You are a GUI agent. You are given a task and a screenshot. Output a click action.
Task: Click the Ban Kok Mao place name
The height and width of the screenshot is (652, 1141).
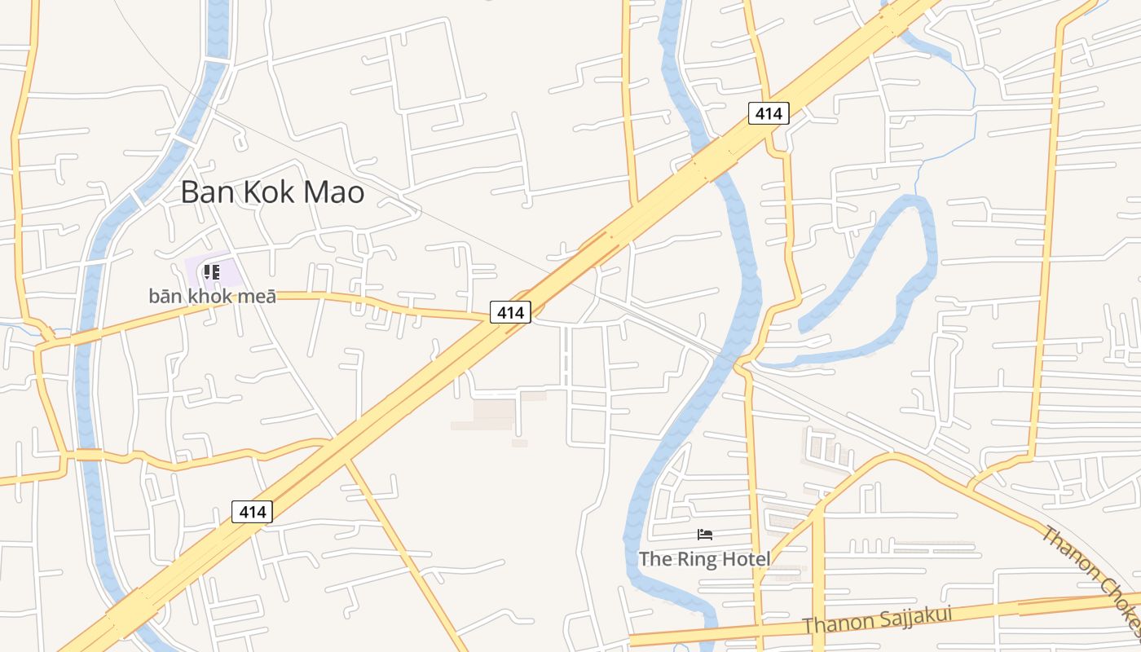point(272,192)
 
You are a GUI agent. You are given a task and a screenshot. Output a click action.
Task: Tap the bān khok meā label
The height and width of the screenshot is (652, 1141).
point(212,296)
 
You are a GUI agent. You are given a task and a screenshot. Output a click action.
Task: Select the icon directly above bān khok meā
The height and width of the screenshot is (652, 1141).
point(212,271)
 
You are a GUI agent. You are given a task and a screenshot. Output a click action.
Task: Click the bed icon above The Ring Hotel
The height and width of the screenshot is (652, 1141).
point(705,535)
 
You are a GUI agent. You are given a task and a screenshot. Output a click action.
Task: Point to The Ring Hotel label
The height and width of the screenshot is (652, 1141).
point(704,559)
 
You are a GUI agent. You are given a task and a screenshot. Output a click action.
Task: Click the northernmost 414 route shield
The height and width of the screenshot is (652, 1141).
point(769,113)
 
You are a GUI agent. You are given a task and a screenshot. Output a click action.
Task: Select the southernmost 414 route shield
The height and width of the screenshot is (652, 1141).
point(253,512)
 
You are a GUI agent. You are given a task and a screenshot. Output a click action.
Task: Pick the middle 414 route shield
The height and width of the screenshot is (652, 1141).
point(510,311)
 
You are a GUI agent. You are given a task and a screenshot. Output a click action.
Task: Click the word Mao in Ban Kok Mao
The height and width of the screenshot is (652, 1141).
point(333,192)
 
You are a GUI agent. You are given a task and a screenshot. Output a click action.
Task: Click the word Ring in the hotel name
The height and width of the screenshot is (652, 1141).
point(695,559)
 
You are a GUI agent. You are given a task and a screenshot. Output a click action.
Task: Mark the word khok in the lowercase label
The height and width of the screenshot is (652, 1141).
point(211,296)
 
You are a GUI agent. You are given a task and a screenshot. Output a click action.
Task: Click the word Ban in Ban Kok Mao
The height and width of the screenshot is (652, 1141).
point(200,192)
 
